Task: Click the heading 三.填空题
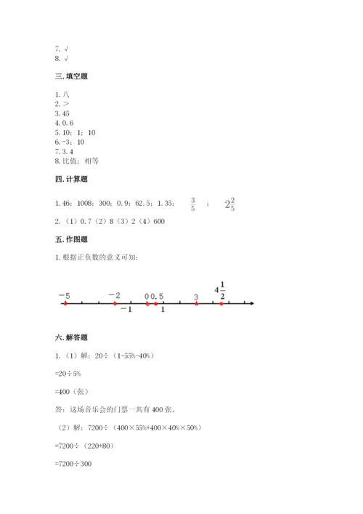pyautogui.click(x=71, y=76)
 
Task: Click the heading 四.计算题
pyautogui.click(x=71, y=179)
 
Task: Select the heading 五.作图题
pyautogui.click(x=71, y=239)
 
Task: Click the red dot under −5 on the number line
pyautogui.click(x=65, y=304)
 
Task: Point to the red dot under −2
pyautogui.click(x=115, y=304)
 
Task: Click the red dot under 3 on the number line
pyautogui.click(x=196, y=304)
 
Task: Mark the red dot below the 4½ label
pyautogui.click(x=221, y=304)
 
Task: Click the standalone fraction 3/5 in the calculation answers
pyautogui.click(x=192, y=204)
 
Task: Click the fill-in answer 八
pyautogui.click(x=66, y=95)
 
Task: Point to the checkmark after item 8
pyautogui.click(x=66, y=58)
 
